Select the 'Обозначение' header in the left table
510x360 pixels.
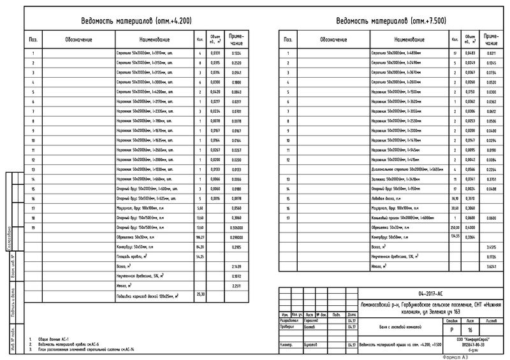78,40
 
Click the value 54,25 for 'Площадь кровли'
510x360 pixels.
200,256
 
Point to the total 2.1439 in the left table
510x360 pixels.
237,266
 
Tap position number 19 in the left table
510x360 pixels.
33,227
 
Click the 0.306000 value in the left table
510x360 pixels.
237,227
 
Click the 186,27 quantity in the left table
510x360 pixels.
200,237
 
